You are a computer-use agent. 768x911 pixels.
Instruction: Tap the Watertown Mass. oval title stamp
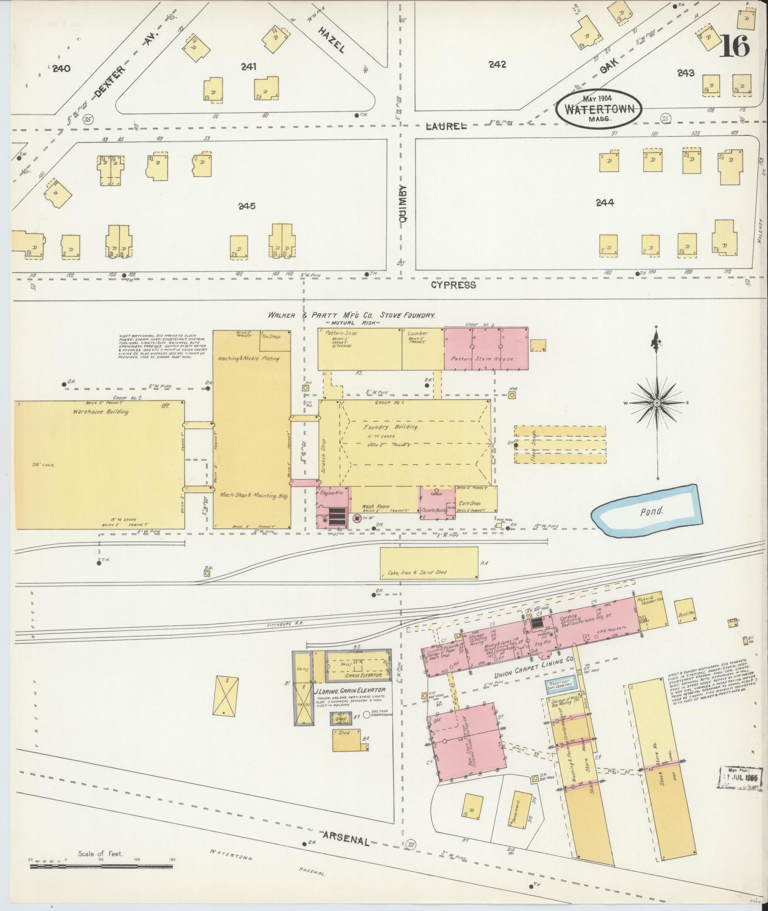[x=599, y=109]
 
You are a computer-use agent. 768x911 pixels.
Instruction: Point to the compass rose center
[x=657, y=403]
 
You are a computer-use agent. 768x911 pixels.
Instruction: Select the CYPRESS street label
[x=453, y=285]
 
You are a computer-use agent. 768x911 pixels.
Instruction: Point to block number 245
[x=247, y=206]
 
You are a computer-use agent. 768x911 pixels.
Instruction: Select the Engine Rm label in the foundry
[x=328, y=493]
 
